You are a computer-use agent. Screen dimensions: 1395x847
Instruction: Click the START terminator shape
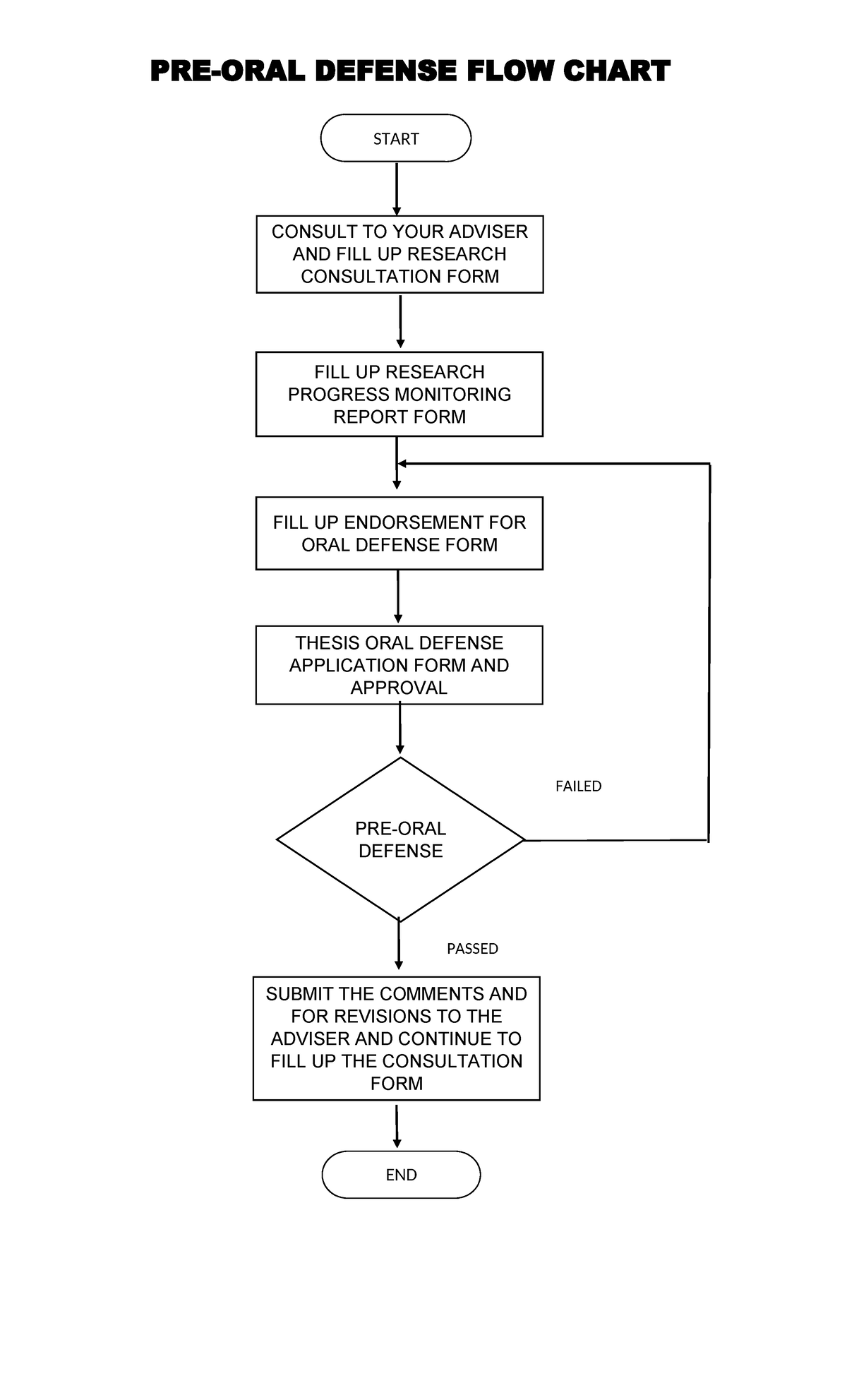tap(395, 138)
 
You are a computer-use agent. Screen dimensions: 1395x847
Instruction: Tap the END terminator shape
tap(401, 1174)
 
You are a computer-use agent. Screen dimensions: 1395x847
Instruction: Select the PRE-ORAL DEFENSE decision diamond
tap(400, 839)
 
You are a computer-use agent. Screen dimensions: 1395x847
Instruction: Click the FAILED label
tap(578, 786)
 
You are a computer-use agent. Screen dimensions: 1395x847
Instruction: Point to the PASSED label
tap(472, 948)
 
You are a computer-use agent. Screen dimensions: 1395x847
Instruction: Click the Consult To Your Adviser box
tap(400, 253)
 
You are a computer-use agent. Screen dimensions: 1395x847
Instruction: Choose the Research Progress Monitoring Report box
tap(400, 394)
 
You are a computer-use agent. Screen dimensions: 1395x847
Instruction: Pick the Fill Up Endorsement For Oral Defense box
tap(400, 533)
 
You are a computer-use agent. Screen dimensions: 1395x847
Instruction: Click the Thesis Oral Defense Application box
tap(400, 664)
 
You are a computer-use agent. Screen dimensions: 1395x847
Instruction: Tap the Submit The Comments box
tap(397, 1038)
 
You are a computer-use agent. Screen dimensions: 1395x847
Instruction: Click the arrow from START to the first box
tap(397, 188)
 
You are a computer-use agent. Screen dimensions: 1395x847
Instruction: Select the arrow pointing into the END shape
tap(397, 1125)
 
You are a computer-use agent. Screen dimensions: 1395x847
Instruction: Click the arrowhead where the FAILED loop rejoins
tap(402, 464)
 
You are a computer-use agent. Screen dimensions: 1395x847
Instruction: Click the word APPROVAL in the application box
tap(399, 688)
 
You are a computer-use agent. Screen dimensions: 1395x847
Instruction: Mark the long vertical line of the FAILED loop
tap(709, 649)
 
